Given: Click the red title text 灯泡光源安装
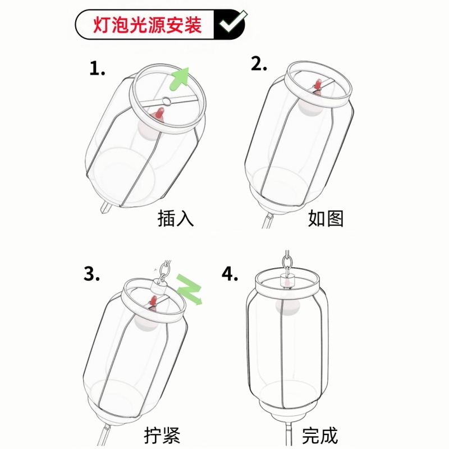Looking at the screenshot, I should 147,25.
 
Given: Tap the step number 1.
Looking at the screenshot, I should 97,69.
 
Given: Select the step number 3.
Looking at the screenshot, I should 92,274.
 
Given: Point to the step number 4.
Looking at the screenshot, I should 230,273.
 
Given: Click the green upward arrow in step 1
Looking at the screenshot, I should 180,77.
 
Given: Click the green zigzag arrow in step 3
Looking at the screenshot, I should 189,289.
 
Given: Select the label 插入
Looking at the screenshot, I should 176,218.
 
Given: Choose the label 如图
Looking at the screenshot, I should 326,218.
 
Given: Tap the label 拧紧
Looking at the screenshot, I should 163,435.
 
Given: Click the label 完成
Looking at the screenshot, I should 320,435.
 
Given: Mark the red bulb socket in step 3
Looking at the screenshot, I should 153,303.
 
